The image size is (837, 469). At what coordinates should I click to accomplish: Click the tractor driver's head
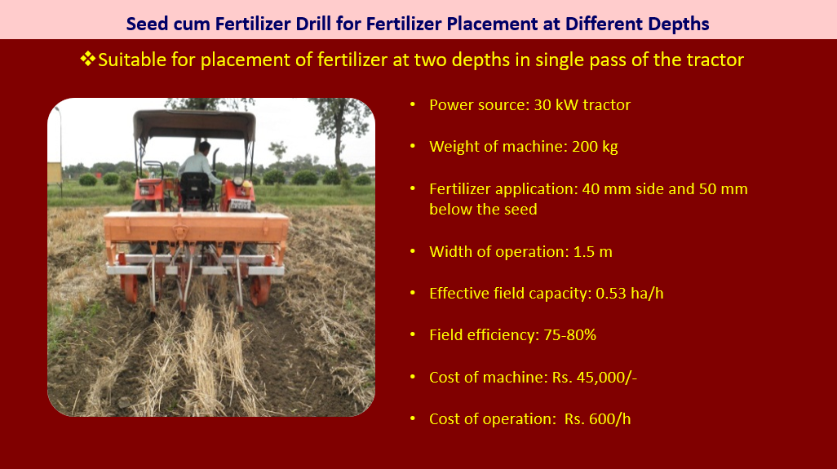(x=205, y=148)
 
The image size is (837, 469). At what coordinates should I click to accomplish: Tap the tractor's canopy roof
(x=194, y=124)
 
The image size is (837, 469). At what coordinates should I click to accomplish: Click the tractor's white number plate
(x=240, y=205)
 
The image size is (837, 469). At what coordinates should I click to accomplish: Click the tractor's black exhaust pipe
(x=215, y=160)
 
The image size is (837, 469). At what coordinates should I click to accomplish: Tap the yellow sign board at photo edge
(x=54, y=174)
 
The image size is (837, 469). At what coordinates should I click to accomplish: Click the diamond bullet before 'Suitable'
(x=88, y=59)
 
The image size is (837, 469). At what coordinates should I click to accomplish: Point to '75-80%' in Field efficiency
(x=569, y=334)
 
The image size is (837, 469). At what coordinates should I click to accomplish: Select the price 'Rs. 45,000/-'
(x=594, y=377)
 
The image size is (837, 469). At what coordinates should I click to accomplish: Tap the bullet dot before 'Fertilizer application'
(x=413, y=189)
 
